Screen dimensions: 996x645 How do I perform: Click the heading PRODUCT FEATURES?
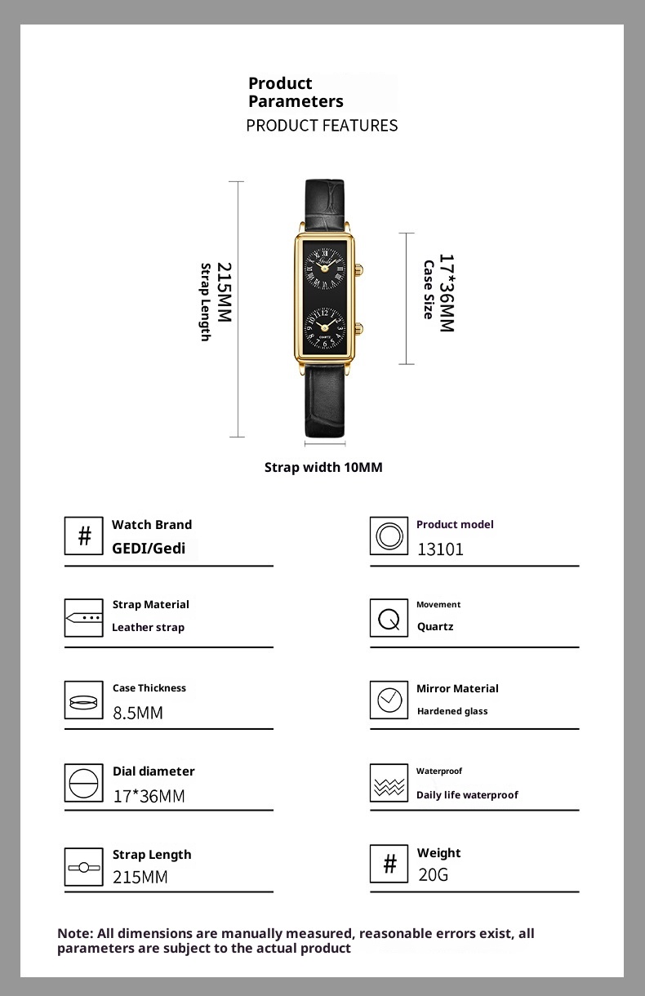tap(322, 125)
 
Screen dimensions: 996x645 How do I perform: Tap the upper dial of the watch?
tap(325, 264)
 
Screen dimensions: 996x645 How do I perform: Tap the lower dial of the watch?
tap(325, 325)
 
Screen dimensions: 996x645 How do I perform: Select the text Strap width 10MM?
tap(323, 467)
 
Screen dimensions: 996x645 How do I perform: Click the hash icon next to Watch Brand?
tap(84, 536)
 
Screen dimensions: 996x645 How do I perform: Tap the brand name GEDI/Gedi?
tap(149, 549)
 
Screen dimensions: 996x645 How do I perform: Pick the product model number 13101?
tap(440, 549)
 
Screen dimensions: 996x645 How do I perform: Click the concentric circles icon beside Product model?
tap(389, 536)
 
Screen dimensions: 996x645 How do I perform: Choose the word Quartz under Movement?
tap(435, 627)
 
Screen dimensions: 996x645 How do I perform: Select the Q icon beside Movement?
tap(389, 618)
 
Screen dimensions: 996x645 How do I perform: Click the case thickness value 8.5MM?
tap(138, 713)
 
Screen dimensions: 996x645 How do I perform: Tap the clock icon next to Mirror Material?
tap(389, 700)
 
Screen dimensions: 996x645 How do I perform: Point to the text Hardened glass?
tap(452, 711)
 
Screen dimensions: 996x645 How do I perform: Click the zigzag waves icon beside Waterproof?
tap(389, 785)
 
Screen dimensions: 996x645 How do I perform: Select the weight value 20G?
tap(433, 875)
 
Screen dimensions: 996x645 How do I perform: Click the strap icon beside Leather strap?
tap(84, 618)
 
